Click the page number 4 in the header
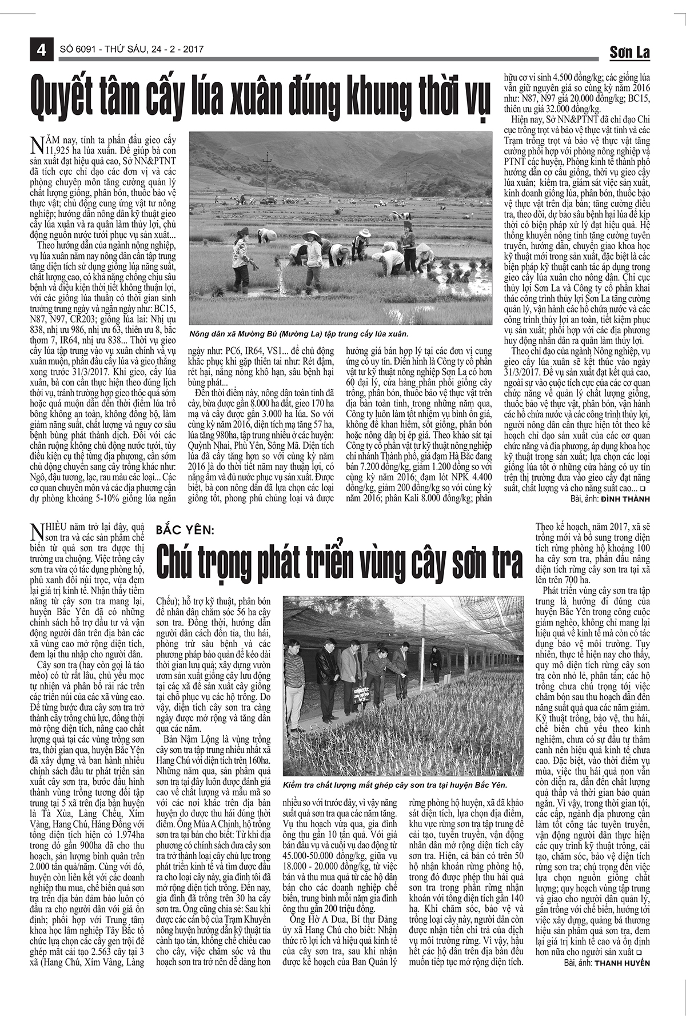(x=41, y=50)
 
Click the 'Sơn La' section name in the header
(x=629, y=52)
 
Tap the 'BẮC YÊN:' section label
(x=184, y=531)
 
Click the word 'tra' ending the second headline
(x=504, y=563)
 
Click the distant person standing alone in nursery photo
(x=436, y=665)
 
